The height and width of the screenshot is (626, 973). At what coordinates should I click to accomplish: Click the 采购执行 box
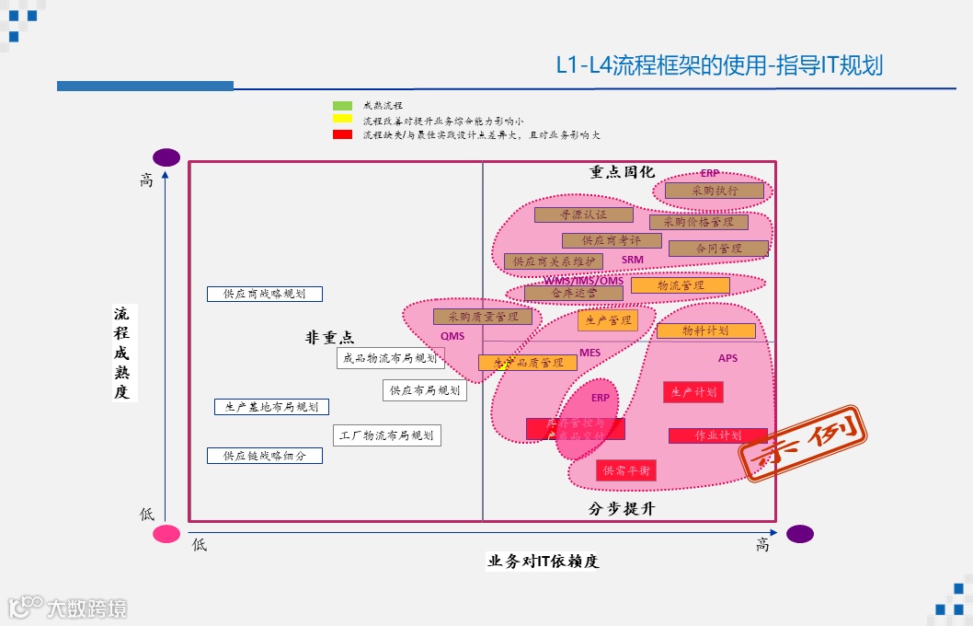(x=715, y=191)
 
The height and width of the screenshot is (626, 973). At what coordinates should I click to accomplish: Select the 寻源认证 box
(x=584, y=214)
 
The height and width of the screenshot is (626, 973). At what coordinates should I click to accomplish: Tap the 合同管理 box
(x=718, y=249)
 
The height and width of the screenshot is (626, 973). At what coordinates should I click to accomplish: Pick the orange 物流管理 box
(x=681, y=285)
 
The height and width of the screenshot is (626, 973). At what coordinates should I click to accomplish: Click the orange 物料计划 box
(x=705, y=330)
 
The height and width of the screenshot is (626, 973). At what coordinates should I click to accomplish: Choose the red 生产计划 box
(x=693, y=392)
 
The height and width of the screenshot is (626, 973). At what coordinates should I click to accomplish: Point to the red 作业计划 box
(x=717, y=435)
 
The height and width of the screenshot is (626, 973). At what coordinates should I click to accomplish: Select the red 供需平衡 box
(x=626, y=470)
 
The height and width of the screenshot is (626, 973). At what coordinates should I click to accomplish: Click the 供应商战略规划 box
(x=265, y=295)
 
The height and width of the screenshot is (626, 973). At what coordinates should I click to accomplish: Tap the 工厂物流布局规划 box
(x=386, y=435)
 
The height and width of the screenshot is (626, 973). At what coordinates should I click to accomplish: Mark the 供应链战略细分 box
(x=265, y=456)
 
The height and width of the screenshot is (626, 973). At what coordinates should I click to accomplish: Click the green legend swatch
(x=342, y=106)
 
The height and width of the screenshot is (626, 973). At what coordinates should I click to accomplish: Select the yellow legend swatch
(x=342, y=119)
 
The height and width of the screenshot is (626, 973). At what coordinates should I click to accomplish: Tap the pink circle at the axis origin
(x=166, y=534)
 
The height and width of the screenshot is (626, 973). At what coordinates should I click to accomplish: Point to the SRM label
(x=633, y=261)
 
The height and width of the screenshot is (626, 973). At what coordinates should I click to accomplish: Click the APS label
(x=727, y=358)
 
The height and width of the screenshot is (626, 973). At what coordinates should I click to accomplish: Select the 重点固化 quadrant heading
(x=622, y=172)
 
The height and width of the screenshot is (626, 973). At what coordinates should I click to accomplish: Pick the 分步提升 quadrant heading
(x=622, y=509)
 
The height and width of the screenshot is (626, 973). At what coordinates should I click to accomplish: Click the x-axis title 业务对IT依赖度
(x=543, y=562)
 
